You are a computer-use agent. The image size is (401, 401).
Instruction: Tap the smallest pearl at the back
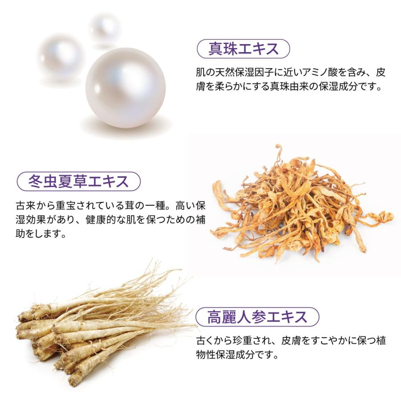coord(105,29)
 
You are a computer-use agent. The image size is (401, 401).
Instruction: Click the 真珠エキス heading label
coord(243,49)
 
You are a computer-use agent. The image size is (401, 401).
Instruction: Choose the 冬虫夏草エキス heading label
coord(78,181)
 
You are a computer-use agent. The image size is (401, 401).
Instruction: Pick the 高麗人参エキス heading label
coord(257,317)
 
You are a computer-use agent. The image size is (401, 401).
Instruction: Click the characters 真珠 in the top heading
coord(221,49)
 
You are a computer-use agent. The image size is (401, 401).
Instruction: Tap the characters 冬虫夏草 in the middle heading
coord(57,181)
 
